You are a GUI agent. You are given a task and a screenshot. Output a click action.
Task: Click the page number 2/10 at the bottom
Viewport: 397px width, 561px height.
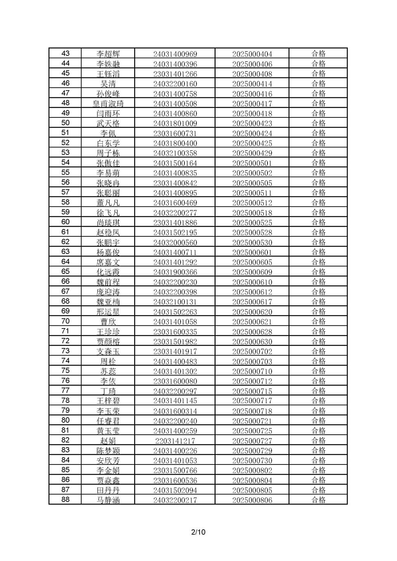[198, 532]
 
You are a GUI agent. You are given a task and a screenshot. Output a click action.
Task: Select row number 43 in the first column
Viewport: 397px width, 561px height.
[66, 53]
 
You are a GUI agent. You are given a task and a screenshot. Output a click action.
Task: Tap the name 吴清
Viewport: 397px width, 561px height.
[108, 84]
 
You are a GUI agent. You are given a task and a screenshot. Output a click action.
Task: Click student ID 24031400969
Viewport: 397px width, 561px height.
[175, 54]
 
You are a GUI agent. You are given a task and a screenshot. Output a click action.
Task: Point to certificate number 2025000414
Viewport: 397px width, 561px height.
[252, 84]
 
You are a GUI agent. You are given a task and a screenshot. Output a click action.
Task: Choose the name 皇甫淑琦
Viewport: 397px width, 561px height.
[108, 103]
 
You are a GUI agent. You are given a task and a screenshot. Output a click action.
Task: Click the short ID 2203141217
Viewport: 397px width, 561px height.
[175, 441]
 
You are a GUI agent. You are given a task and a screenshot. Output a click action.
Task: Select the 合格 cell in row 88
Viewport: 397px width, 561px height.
[318, 500]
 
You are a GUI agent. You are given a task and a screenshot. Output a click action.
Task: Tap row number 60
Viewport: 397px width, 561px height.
[66, 222]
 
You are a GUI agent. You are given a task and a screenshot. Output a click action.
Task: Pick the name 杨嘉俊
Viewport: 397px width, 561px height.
[108, 252]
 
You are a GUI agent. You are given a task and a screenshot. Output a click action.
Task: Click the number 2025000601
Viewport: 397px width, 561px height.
[252, 252]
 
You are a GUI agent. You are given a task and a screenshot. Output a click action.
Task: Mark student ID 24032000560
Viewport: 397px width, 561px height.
[175, 243]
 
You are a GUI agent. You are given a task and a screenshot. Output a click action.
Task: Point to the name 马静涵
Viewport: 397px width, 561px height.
[108, 500]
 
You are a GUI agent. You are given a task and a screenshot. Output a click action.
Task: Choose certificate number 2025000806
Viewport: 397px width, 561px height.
[252, 500]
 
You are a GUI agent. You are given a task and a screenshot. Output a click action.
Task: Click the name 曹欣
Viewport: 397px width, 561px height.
[108, 322]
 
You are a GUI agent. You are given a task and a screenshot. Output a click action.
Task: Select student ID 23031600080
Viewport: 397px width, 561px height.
[175, 381]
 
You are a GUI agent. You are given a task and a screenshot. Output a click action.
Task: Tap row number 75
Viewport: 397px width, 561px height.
[66, 371]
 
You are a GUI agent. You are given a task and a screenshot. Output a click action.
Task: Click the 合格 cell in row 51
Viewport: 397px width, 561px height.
[318, 133]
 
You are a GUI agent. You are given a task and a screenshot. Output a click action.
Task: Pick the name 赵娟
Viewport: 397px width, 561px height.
[108, 441]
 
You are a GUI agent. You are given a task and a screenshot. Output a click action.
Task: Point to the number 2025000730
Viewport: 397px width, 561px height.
[252, 461]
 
